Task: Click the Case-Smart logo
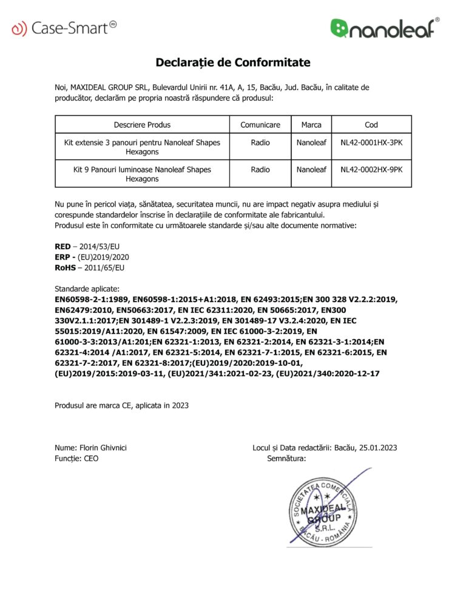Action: click(64, 27)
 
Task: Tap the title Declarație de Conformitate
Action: click(233, 63)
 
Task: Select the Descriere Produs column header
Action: click(143, 125)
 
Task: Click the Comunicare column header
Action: click(260, 125)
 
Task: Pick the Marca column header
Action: click(311, 125)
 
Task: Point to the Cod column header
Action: click(371, 125)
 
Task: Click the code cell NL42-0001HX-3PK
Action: click(371, 143)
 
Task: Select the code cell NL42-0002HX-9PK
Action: click(371, 170)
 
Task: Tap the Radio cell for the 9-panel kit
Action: click(260, 170)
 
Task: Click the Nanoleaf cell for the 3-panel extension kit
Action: click(311, 143)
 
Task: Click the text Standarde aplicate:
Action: click(87, 289)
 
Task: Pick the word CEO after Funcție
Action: click(90, 459)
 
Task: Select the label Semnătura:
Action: click(286, 459)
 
